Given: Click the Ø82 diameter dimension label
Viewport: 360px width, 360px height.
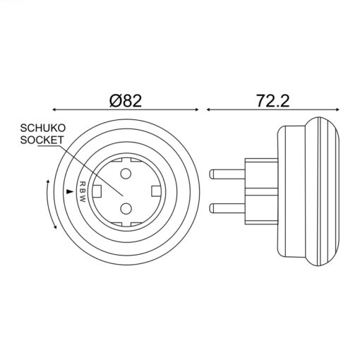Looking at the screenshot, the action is (126, 101).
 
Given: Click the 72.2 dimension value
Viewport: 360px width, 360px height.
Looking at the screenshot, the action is (273, 101).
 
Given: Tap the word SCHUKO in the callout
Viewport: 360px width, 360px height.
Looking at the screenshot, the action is (42, 128).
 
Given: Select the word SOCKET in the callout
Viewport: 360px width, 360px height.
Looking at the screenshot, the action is (42, 140).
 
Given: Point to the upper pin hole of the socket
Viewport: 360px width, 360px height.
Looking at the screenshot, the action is (126, 174).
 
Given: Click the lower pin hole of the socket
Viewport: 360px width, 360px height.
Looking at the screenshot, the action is (126, 208).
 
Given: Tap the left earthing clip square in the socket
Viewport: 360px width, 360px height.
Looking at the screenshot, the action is (97, 191).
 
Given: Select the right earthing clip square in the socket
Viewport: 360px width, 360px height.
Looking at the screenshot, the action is (156, 191).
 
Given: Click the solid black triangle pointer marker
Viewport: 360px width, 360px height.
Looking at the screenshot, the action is (70, 191).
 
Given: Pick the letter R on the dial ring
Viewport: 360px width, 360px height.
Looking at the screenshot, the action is (83, 184).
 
